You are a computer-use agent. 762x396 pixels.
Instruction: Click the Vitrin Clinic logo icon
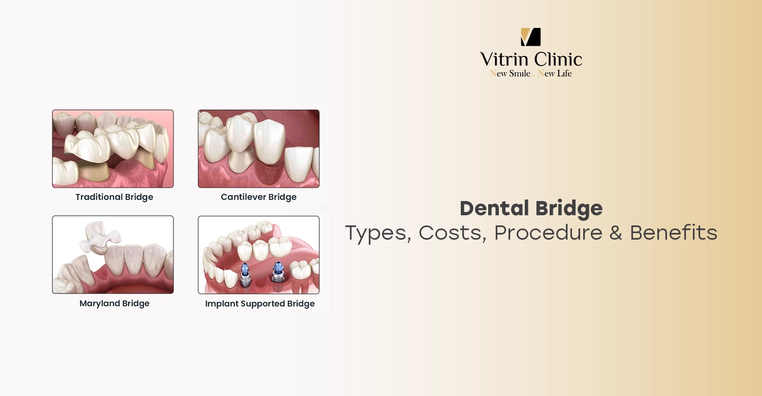point(531,37)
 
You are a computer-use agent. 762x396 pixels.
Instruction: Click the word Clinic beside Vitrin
point(557,60)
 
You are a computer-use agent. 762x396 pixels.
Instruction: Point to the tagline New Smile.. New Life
point(531,74)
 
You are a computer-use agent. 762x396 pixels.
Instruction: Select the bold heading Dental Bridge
point(531,208)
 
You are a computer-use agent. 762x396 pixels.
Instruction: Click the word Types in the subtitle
point(378,233)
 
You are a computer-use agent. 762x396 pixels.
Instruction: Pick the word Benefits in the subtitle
point(674,233)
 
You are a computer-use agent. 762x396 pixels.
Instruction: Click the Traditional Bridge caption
point(114,197)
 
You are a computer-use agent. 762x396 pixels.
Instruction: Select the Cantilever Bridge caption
point(259,197)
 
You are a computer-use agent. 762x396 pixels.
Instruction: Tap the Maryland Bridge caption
point(114,304)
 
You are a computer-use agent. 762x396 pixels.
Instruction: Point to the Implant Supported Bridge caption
point(260,304)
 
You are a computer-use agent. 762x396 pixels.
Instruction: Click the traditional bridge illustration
point(113,149)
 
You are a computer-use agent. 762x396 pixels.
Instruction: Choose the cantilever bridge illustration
point(259,149)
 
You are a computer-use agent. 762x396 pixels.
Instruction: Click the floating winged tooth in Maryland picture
point(100,237)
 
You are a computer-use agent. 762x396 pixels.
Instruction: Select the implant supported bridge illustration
point(259,255)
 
